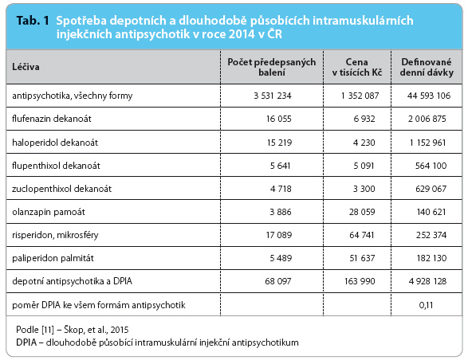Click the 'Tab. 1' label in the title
click(x=33, y=21)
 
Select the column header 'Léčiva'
click(x=26, y=67)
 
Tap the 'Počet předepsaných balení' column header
click(x=272, y=67)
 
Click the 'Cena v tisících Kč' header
click(x=357, y=67)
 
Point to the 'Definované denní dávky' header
click(x=427, y=67)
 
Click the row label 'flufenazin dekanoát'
click(x=52, y=119)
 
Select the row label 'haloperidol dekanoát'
click(x=55, y=143)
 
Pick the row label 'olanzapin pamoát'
click(x=49, y=212)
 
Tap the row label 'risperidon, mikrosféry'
click(x=55, y=235)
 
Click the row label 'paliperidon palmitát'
click(x=53, y=258)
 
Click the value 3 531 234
click(x=273, y=96)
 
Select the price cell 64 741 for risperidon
click(x=362, y=235)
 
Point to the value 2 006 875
click(x=427, y=119)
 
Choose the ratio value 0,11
click(x=426, y=305)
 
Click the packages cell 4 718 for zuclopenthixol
click(x=281, y=189)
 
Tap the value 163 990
click(x=360, y=281)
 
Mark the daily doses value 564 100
click(x=431, y=166)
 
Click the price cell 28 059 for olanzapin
click(x=362, y=212)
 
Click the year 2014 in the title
click(x=242, y=34)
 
